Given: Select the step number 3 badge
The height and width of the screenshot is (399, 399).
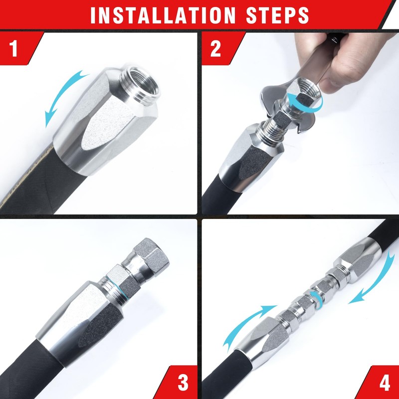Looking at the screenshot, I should tap(183, 383).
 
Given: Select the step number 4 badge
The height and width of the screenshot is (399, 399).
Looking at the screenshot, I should tap(384, 383).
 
